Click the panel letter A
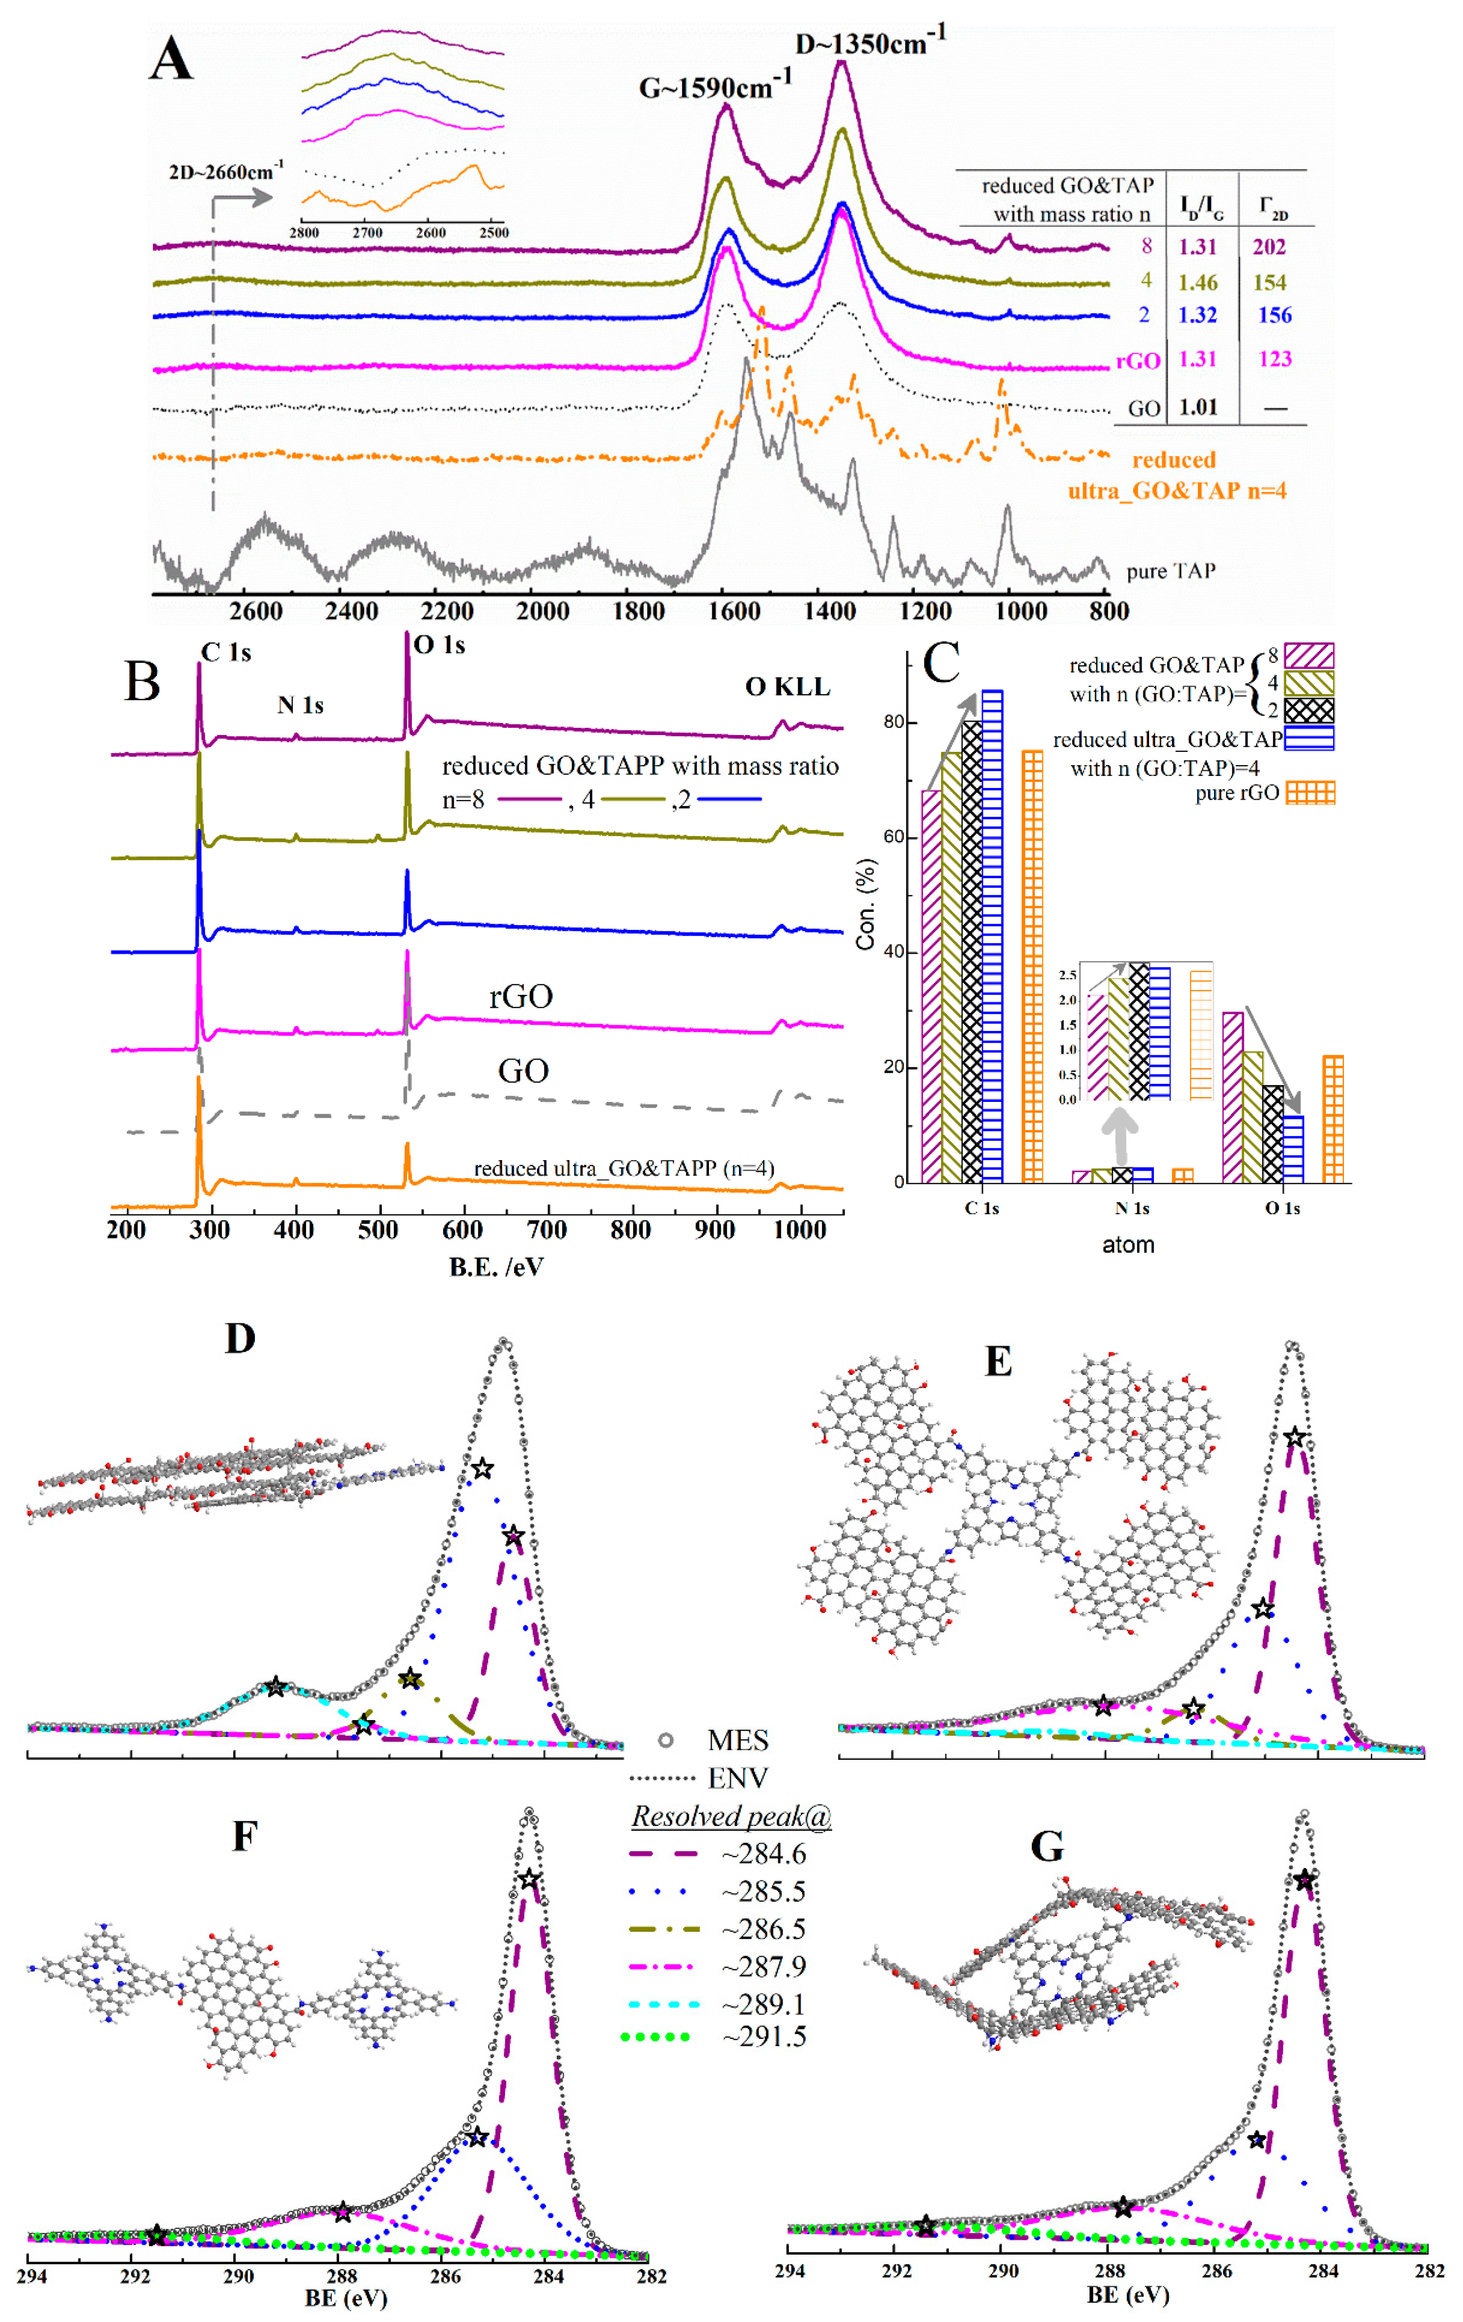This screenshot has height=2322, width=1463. pos(172,60)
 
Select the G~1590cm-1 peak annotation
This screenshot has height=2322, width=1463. pos(715,87)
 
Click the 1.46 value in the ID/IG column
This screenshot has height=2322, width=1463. pos(1198,283)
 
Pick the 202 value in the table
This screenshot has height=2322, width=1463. pos(1269,247)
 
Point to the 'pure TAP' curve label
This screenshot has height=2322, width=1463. pos(1171,571)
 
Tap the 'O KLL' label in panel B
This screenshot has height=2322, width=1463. pos(787,687)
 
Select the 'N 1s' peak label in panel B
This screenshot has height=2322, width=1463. pos(300,705)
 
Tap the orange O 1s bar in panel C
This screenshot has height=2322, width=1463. pos(1333,1119)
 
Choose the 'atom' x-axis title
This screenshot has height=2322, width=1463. pos(1127,1245)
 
